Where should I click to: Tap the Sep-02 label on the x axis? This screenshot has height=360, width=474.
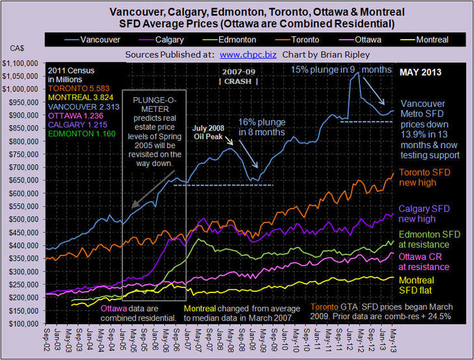pyautogui.click(x=46, y=342)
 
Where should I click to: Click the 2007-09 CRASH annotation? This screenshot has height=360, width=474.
pyautogui.click(x=237, y=76)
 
